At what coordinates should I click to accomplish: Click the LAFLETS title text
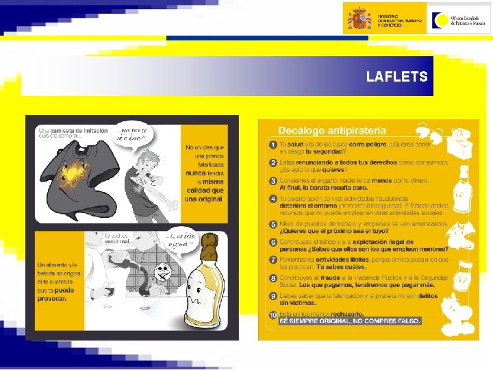396,77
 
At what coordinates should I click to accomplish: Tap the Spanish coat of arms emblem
359,18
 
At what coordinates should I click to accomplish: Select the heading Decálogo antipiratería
332,129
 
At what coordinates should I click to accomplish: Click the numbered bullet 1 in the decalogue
273,145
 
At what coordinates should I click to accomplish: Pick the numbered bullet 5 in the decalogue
273,225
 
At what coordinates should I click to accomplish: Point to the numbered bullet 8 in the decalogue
273,278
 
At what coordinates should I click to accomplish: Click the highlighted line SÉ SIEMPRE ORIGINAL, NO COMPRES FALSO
351,321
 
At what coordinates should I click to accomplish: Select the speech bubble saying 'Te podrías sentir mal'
117,241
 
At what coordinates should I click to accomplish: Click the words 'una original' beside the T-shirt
205,199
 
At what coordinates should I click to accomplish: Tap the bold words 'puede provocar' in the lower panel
58,295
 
